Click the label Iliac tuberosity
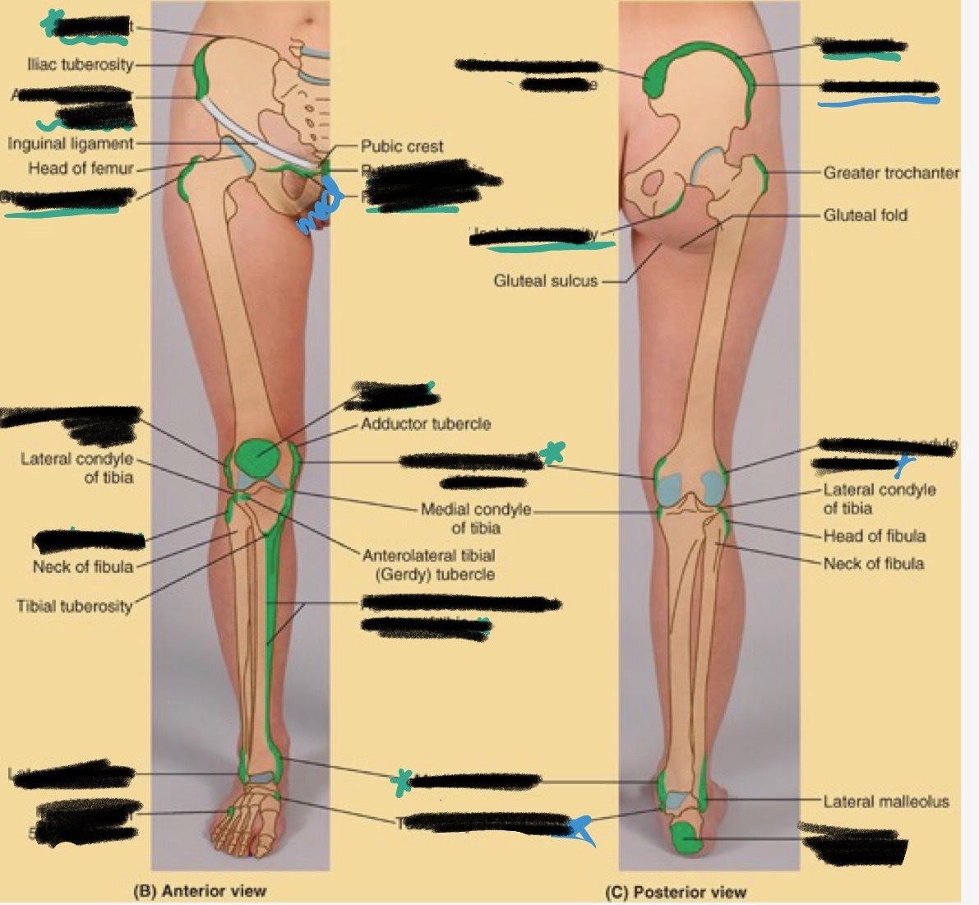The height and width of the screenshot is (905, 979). coord(80,64)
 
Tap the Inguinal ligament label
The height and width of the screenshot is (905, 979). coord(71,144)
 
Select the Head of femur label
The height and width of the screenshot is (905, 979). coord(81,169)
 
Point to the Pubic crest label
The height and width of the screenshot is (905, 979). coord(402,146)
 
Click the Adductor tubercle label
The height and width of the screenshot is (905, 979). coord(426,424)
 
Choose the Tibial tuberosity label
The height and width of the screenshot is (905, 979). coord(74,607)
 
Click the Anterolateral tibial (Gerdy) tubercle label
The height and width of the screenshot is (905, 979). coord(428,565)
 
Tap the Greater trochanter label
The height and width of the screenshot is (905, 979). coord(891,173)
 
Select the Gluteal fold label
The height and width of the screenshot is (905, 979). coord(865,215)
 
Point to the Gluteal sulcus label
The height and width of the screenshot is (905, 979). coord(545,281)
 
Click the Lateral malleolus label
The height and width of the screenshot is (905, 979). coord(886,801)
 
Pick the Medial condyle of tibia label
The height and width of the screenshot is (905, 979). coord(475,519)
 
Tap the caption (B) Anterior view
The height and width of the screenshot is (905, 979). coord(200,890)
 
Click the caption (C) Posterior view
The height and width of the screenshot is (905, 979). coord(676,892)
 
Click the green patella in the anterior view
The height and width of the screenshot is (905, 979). coord(256,458)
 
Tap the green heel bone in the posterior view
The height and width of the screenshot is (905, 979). coord(686,838)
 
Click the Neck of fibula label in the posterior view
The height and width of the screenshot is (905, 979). coord(873,564)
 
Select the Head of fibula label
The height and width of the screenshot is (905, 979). coord(875,536)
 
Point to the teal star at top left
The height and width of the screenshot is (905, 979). coord(55,22)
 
